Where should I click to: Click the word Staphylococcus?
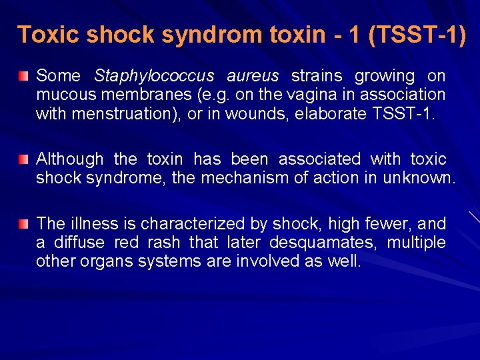point(154,77)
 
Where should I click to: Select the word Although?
point(69,159)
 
